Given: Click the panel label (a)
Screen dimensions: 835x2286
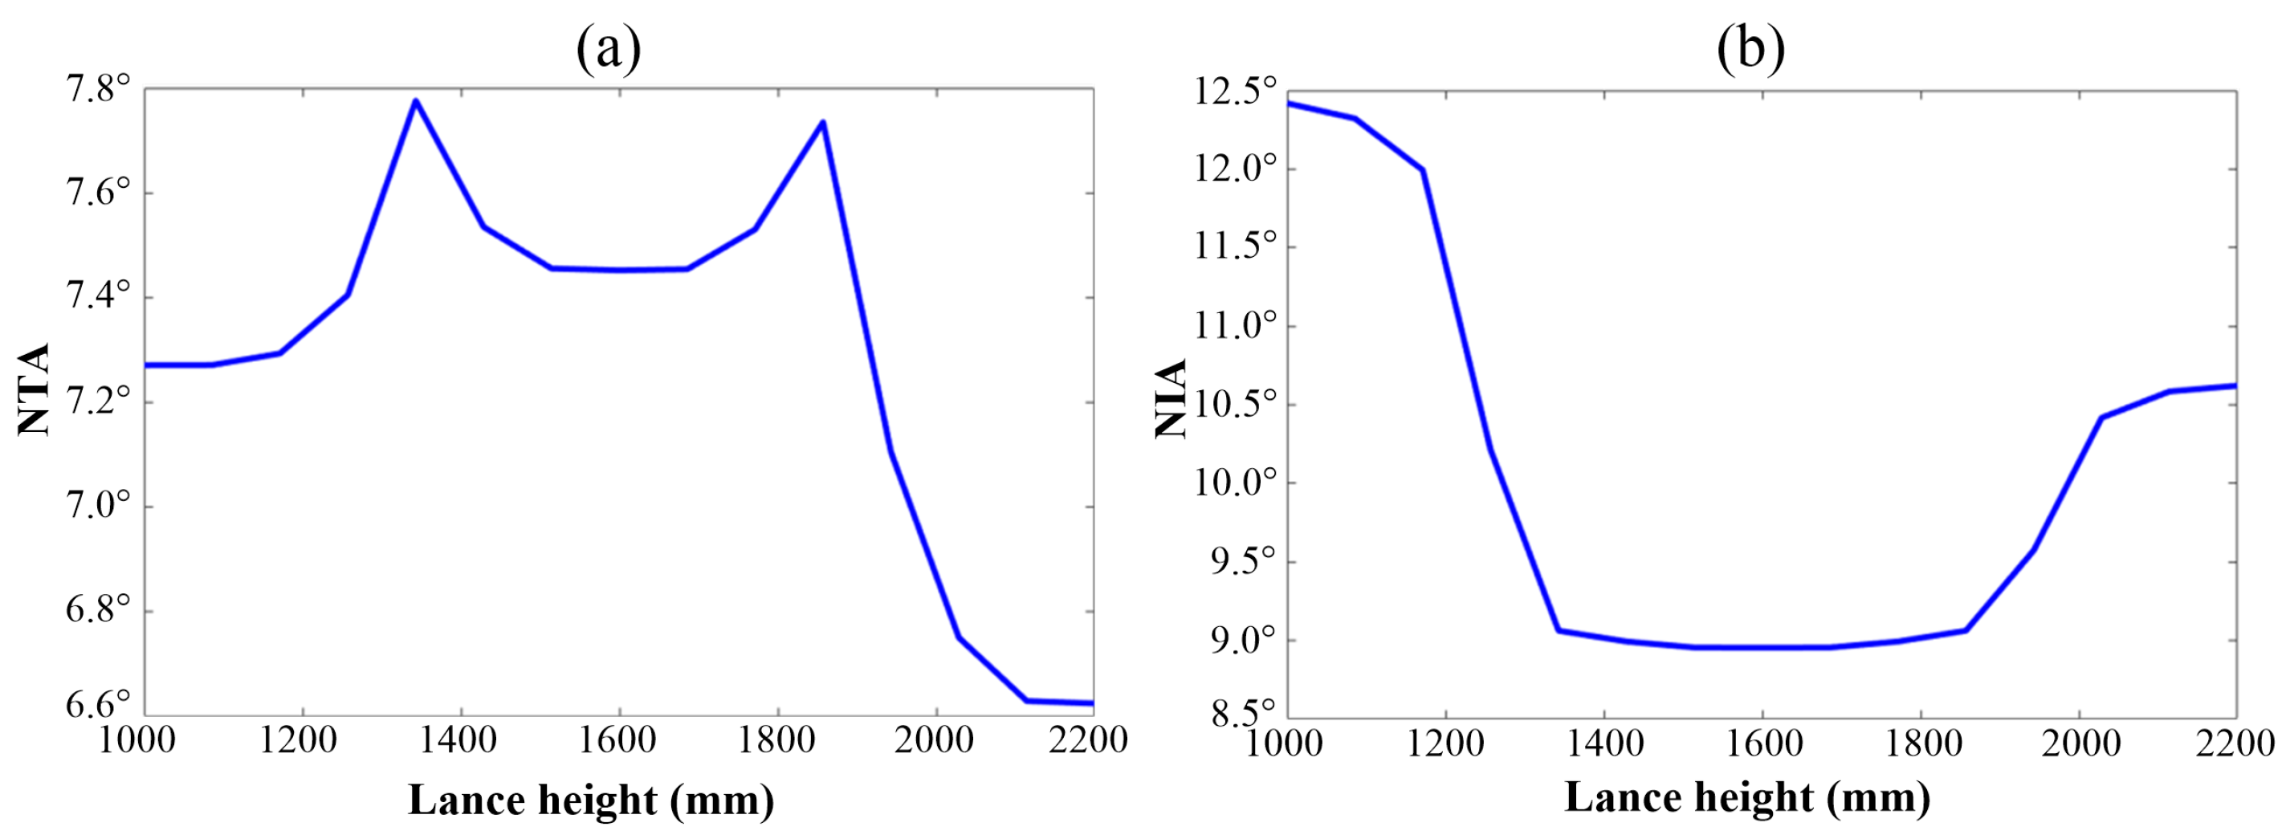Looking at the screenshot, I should (x=609, y=49).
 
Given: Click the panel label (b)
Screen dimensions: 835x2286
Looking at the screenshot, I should (x=1750, y=49).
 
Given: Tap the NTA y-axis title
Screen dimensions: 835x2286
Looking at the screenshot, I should (x=34, y=389).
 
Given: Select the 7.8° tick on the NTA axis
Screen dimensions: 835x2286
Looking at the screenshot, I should (x=98, y=89).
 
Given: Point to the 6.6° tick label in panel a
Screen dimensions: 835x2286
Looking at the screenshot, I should (x=98, y=706).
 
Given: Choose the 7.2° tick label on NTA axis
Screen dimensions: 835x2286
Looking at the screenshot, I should (x=98, y=402).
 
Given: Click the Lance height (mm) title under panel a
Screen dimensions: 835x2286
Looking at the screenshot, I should (x=591, y=800).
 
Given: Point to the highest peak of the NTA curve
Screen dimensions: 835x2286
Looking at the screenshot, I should (x=415, y=101).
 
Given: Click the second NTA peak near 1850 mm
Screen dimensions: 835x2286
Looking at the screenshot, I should (x=824, y=123).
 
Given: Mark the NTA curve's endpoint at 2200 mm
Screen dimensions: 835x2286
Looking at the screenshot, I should (x=1091, y=703).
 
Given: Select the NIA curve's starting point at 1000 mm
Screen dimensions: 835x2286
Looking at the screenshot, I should (x=1289, y=103).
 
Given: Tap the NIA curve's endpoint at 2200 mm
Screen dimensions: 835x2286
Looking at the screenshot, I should (x=2235, y=385).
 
